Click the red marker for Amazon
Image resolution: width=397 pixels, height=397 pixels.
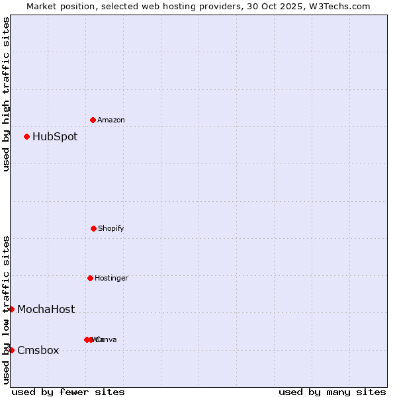coord(93,120)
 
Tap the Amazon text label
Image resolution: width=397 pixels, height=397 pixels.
coord(111,120)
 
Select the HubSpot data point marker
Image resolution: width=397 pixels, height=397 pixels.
coord(26,137)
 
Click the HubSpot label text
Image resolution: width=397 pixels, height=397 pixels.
coord(55,137)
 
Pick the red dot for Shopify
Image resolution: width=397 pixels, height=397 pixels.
coord(93,228)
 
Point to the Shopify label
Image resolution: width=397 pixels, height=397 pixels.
coord(111,228)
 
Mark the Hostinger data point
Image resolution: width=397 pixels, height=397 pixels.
coord(90,278)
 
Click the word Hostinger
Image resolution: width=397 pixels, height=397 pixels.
coord(111,278)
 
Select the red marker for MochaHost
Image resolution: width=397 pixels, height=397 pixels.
coord(11,309)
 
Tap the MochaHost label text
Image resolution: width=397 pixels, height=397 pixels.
coord(46,309)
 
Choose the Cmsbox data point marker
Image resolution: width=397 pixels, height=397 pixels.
coord(11,350)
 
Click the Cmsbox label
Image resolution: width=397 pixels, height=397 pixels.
coord(38,350)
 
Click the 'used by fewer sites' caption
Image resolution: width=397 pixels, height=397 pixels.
coord(68,392)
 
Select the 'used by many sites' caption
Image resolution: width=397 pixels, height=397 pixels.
coord(332,392)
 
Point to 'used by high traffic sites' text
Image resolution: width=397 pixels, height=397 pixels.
coord(6,94)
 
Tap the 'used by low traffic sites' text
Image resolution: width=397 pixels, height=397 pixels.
coord(6,309)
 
